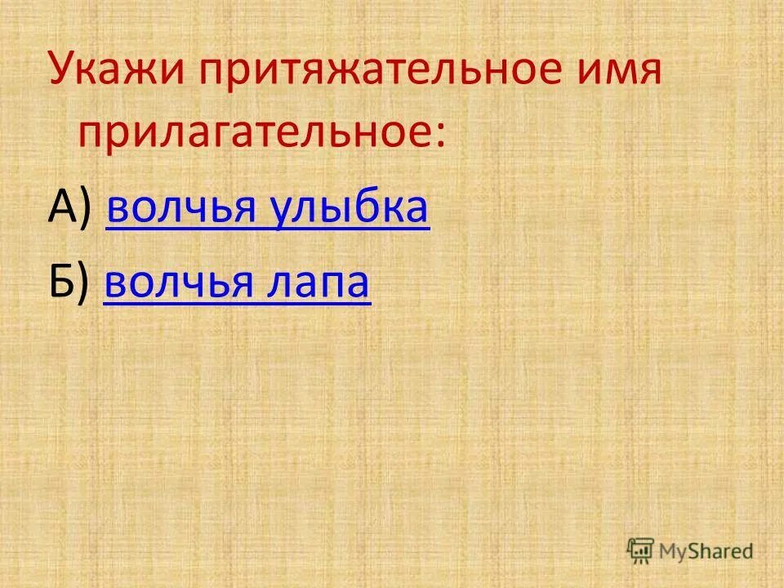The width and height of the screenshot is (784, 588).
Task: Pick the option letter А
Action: point(64,209)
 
